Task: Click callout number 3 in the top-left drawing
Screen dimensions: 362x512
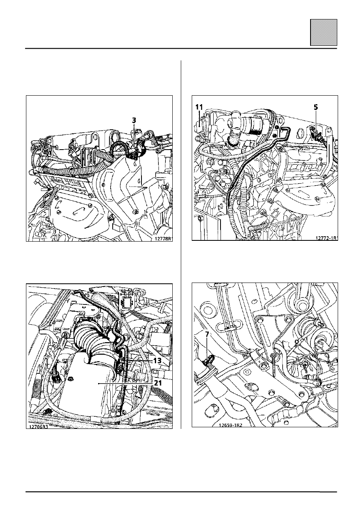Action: coord(134,120)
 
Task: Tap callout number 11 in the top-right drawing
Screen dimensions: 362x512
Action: coord(199,107)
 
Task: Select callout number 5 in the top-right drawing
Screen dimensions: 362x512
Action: coord(316,107)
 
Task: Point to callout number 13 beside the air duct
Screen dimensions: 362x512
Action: coord(157,360)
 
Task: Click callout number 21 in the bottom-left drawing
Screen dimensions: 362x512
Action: coord(158,383)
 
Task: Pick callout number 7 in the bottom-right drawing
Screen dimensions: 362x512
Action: coord(207,334)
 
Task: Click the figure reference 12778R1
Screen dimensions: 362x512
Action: coord(163,239)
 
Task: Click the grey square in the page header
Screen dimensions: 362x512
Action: coord(323,32)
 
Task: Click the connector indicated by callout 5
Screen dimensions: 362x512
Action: coord(317,135)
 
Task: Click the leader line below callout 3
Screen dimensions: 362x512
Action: coord(134,136)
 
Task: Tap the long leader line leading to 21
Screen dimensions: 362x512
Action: coord(125,383)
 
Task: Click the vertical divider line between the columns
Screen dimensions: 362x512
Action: coord(181,244)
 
